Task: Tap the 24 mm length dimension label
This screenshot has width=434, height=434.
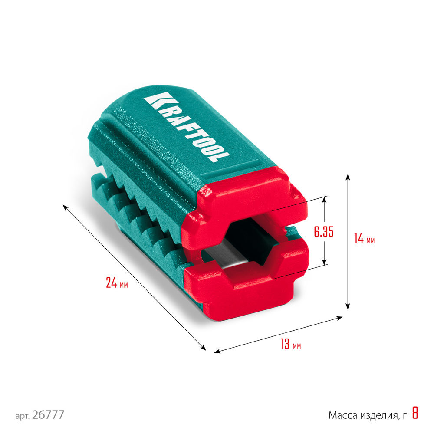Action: click(117, 283)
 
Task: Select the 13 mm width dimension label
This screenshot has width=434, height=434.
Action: click(290, 345)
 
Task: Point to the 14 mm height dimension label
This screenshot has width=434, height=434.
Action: click(364, 239)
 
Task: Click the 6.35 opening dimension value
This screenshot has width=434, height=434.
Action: click(323, 232)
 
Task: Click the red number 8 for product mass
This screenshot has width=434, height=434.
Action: click(415, 414)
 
